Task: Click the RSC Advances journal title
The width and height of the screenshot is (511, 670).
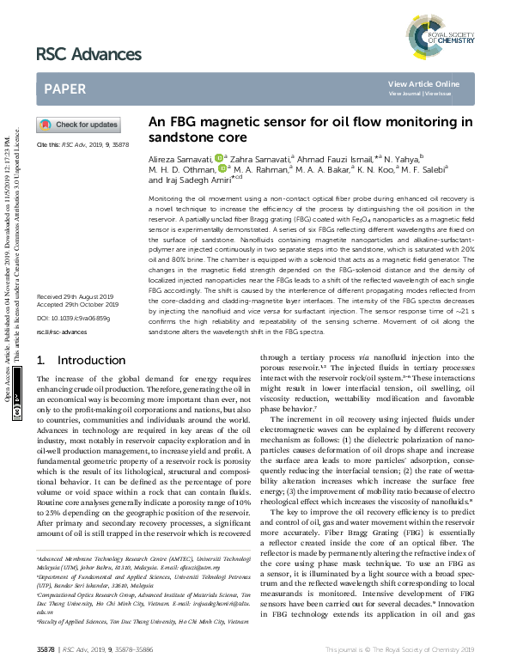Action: [x=88, y=54]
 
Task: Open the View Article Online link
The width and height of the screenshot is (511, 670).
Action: [x=423, y=83]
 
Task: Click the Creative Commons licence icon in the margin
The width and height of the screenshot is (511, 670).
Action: [x=16, y=412]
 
